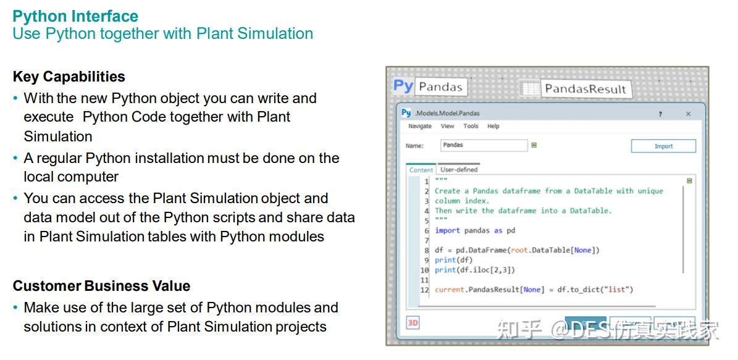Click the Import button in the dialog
click(663, 146)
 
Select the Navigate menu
click(420, 126)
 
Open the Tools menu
click(471, 126)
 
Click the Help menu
click(493, 126)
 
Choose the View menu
click(447, 126)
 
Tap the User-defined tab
click(459, 169)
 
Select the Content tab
click(421, 170)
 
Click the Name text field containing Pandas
click(484, 145)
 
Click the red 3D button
click(413, 322)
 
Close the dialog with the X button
click(688, 114)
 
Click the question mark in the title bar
click(660, 114)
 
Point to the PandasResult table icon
click(529, 88)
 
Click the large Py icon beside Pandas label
click(403, 86)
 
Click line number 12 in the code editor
click(424, 290)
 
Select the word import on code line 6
click(447, 230)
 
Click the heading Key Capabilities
click(69, 77)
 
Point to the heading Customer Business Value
click(101, 286)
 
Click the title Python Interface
click(75, 16)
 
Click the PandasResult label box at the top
click(585, 89)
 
